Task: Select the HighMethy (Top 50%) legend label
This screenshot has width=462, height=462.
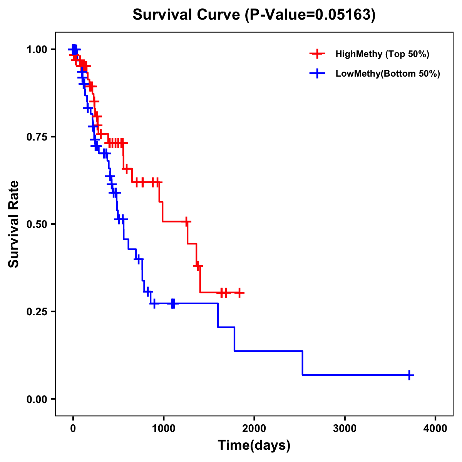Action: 382,54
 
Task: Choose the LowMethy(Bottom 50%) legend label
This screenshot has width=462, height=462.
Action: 388,74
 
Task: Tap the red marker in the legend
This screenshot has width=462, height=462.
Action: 317,54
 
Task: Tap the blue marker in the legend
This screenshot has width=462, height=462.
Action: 317,74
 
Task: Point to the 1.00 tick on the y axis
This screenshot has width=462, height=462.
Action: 37,49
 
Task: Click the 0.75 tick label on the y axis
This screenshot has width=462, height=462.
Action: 37,137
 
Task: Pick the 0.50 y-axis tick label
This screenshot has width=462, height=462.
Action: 37,224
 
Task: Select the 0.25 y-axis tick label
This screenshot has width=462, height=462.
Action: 37,311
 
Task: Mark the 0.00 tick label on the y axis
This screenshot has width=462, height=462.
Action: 37,399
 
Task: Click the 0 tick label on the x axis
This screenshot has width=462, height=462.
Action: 73,428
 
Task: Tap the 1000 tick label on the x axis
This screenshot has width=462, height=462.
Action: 163,428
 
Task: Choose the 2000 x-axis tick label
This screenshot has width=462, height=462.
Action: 254,428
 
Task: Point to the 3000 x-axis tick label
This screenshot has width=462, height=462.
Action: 345,428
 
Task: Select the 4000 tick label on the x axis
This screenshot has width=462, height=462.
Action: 435,428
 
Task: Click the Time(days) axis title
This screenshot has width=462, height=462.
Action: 254,445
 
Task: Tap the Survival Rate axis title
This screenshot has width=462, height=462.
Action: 14,224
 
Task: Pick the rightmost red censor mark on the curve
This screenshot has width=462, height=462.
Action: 239,293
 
